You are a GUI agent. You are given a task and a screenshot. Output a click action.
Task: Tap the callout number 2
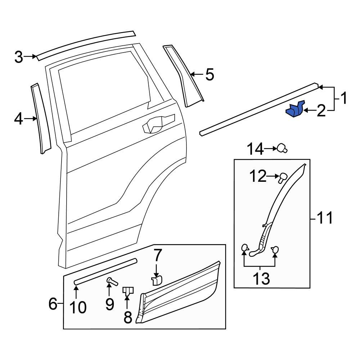[321, 111]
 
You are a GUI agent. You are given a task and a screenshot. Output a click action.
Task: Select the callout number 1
[344, 98]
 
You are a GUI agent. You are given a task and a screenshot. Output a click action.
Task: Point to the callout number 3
[19, 57]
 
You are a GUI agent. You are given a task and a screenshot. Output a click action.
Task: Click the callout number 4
[18, 118]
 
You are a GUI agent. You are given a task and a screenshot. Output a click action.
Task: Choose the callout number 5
[210, 75]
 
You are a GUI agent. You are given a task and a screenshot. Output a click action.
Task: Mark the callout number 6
[53, 305]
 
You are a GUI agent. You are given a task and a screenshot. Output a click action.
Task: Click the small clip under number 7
[157, 280]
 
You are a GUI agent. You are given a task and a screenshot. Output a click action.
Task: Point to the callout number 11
[325, 218]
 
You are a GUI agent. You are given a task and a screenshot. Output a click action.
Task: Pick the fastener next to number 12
[282, 176]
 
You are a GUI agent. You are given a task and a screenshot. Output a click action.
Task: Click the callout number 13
[260, 278]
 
